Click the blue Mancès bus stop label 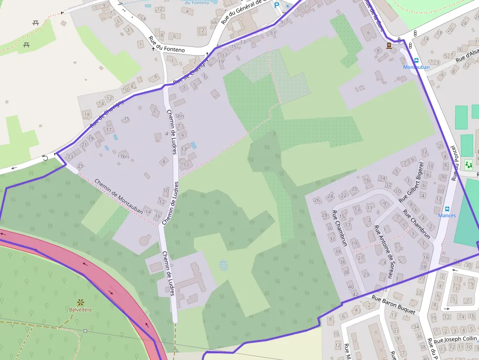[447, 215]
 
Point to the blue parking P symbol [277, 6]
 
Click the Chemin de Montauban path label [118, 196]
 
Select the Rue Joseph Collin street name [455, 339]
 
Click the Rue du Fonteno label [167, 43]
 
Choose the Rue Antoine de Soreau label [384, 252]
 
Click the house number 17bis [123, 156]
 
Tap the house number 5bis [180, 116]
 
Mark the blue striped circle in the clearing [223, 266]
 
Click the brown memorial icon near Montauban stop [389, 45]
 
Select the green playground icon [469, 165]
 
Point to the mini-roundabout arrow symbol [45, 157]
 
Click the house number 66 [214, 22]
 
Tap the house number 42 [355, 294]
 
